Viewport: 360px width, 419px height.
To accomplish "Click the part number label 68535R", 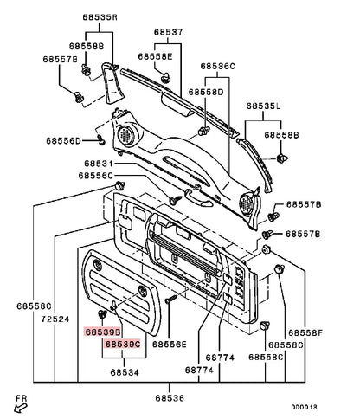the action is (100, 17).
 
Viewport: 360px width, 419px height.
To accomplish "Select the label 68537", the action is (168, 32).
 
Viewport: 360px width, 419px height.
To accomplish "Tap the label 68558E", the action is (155, 56).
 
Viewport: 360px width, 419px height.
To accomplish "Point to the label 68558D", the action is (206, 93).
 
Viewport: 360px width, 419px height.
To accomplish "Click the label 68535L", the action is (263, 106).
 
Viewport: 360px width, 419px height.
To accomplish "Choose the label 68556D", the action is (63, 141).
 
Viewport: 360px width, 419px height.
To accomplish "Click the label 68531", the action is (99, 164).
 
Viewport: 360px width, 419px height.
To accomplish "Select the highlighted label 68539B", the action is (102, 332).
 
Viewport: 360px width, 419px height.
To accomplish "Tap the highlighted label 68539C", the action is (123, 344).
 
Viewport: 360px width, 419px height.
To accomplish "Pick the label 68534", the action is (125, 372).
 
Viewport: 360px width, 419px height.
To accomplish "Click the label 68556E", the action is (170, 345).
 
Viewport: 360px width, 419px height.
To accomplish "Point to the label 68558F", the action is (305, 333).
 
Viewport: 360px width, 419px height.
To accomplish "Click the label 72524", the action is (55, 319).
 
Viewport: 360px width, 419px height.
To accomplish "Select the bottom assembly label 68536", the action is (170, 398).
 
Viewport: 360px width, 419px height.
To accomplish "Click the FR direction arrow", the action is (20, 409).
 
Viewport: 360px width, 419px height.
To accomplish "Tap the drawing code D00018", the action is (304, 407).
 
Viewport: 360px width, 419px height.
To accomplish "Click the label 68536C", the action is (218, 67).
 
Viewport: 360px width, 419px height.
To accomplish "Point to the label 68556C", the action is (96, 176).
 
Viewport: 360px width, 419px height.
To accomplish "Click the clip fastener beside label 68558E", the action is (165, 78).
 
